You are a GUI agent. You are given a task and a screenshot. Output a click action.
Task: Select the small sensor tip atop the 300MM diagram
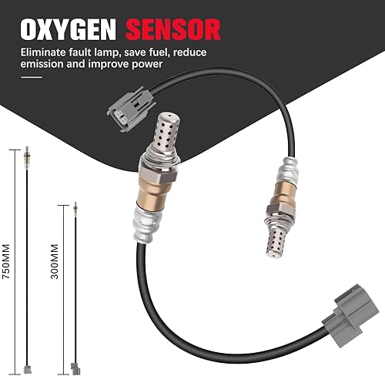pos(75,208)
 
